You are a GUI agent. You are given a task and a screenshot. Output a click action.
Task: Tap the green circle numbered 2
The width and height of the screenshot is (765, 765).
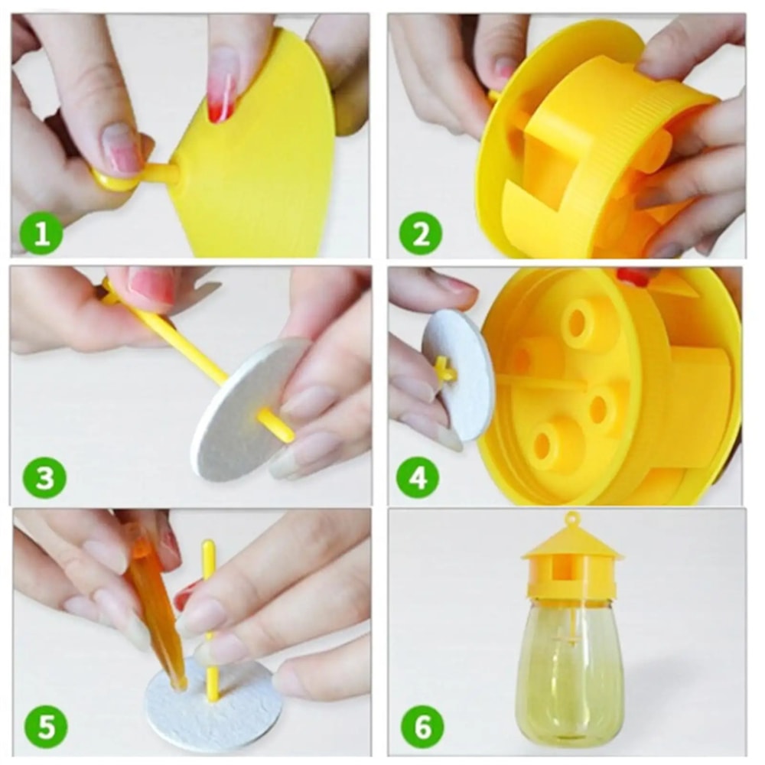pyautogui.click(x=420, y=233)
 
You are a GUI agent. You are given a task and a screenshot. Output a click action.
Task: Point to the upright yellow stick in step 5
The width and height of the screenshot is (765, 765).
pyautogui.click(x=209, y=612)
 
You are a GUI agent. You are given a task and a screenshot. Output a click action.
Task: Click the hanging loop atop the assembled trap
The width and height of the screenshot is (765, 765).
pyautogui.click(x=570, y=521)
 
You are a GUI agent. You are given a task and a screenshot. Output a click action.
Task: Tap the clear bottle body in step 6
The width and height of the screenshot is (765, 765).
pyautogui.click(x=570, y=673)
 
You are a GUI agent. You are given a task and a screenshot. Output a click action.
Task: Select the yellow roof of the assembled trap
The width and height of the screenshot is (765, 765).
pyautogui.click(x=571, y=546)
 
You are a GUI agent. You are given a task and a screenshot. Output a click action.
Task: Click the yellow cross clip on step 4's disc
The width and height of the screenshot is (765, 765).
pyautogui.click(x=444, y=370)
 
